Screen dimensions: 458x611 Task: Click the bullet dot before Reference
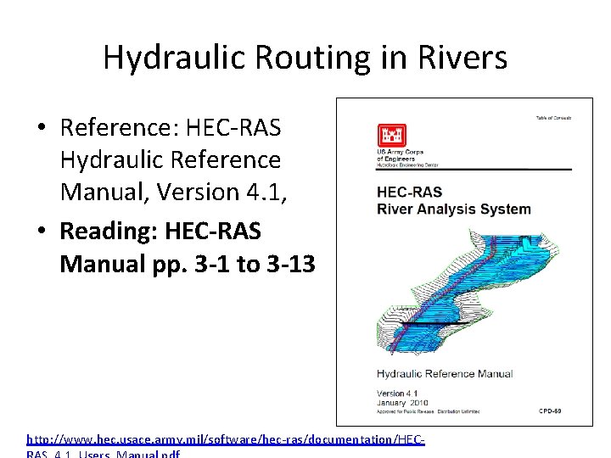tap(42, 129)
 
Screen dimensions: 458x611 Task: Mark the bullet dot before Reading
tap(42, 232)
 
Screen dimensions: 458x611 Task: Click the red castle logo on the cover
tap(391, 136)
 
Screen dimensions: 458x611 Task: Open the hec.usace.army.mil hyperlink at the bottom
tap(225, 439)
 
